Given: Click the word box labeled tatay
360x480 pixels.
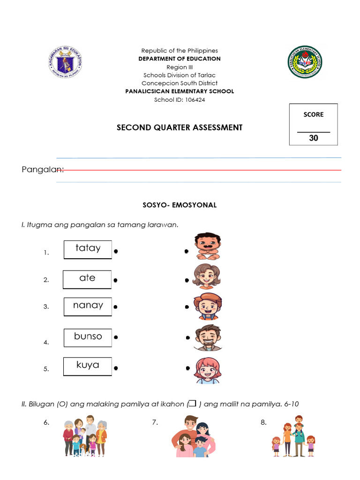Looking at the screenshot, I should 88,249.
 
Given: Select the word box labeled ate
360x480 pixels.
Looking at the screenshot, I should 87,279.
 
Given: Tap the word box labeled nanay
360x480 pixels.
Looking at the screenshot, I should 88,306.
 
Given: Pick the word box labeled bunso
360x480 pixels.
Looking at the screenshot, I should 88,337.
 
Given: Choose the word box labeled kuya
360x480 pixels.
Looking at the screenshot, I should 88,366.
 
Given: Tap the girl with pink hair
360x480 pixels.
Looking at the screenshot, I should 207,370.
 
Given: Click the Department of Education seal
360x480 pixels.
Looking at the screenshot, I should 66,62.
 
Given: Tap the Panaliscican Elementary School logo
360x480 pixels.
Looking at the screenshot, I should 305,62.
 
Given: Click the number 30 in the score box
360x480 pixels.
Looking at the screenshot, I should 314,138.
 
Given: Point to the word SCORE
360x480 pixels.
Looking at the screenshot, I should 314,114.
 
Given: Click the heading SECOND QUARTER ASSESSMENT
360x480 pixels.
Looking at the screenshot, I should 180,127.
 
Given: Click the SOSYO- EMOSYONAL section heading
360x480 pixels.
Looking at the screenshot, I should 180,205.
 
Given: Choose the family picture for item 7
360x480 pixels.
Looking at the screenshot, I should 193,436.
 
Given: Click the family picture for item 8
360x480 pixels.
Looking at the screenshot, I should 294,436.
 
